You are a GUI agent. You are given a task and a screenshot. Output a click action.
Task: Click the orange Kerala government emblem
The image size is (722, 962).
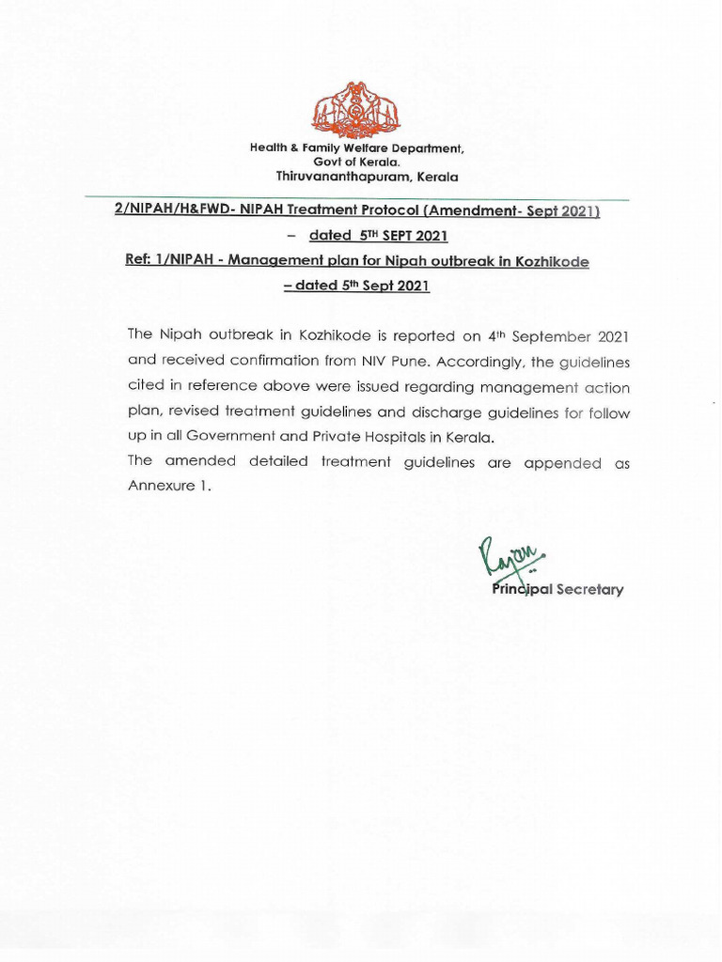(x=355, y=110)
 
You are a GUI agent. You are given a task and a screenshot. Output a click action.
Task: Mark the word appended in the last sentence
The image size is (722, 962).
(x=562, y=462)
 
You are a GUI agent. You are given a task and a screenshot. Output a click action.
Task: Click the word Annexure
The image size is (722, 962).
(x=161, y=487)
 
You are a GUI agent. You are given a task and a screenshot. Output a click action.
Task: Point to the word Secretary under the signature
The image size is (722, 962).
(x=589, y=590)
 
